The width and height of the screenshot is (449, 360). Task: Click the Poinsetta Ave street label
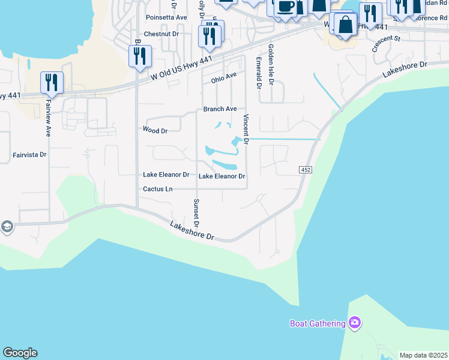coord(166,18)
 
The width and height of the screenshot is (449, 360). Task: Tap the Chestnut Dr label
coord(161,35)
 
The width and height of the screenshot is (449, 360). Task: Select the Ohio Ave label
coord(224,77)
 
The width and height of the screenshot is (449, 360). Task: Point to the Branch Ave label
coord(220,109)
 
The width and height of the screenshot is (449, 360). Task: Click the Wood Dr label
coord(154,130)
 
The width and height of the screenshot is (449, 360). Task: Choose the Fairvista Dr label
coord(29,155)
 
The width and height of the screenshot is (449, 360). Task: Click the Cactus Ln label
coord(158,189)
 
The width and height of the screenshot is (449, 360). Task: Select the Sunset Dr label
coord(196,214)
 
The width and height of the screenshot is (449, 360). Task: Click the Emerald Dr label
coord(259,73)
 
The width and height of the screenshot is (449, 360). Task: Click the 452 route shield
coord(305,170)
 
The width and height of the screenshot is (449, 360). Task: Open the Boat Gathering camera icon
coord(355,323)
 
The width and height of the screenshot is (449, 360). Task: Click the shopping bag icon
coord(346,26)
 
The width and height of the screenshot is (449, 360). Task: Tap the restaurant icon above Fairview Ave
coord(51,82)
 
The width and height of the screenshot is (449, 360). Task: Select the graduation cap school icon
coord(7,227)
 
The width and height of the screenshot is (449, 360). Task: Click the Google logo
coord(20,353)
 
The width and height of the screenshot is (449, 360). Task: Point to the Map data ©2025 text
coord(423,355)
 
